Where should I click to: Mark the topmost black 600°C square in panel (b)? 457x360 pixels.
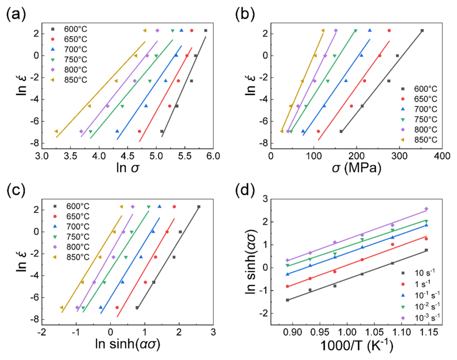point(422,30)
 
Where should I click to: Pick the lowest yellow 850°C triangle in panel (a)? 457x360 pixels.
point(56,131)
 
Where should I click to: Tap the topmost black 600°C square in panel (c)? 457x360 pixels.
point(199,207)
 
